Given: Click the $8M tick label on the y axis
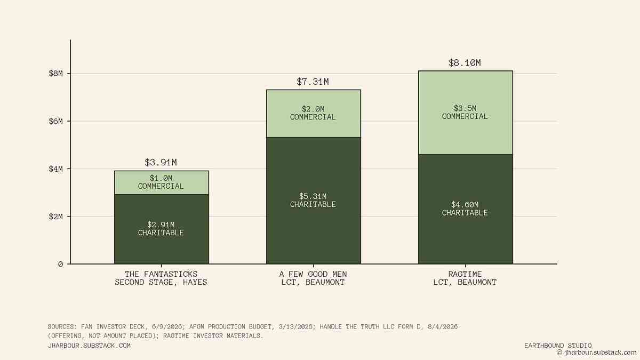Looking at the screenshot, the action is [55, 74].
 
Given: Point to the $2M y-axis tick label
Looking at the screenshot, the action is [55, 217].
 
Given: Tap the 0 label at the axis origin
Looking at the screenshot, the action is [60, 265].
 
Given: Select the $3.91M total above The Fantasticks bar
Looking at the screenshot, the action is [161, 163].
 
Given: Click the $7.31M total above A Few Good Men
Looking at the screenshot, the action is [313, 82].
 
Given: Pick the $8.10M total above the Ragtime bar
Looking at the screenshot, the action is [465, 63].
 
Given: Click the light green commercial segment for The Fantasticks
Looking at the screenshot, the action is [162, 183].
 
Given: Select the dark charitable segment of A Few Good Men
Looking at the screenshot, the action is [314, 201].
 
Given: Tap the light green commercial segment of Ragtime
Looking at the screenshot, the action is [466, 113].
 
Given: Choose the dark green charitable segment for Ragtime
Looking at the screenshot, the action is [466, 209].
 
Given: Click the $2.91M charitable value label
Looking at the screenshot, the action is [161, 225].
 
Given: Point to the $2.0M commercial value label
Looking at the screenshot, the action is [313, 109].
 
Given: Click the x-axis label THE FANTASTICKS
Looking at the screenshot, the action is [161, 274].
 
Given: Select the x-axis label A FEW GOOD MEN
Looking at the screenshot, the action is [313, 274].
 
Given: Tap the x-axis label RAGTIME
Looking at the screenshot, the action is [465, 274].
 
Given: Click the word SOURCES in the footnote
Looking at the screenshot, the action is [62, 326].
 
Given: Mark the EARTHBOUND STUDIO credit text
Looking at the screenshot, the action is [558, 346].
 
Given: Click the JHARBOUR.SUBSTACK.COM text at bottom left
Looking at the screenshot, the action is [89, 346].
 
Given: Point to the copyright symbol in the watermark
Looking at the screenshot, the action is [559, 353].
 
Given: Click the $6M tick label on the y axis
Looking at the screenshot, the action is [55, 121].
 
